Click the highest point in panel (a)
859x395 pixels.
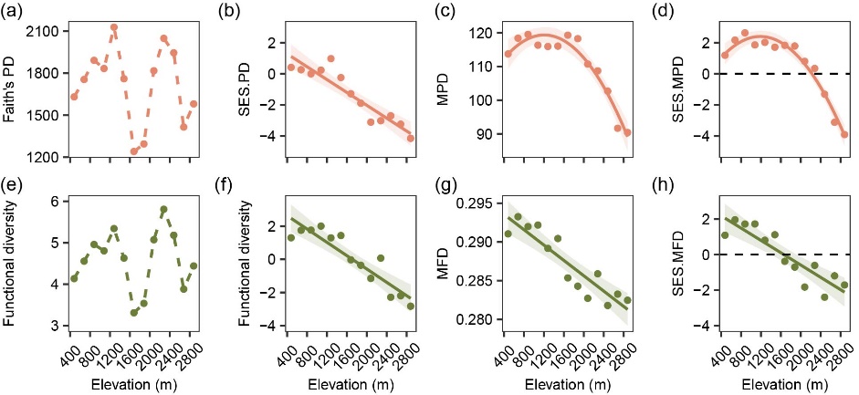(x=114, y=27)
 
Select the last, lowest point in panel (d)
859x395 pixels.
(x=843, y=134)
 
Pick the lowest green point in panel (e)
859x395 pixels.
(x=134, y=313)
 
